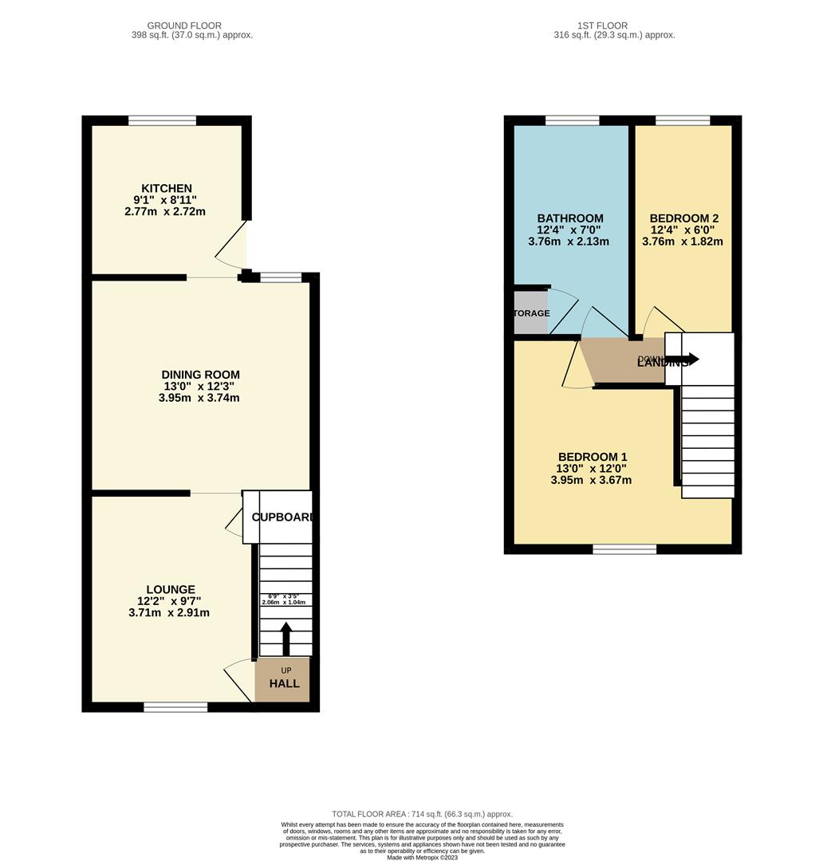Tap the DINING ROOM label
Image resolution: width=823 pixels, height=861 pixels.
click(x=200, y=375)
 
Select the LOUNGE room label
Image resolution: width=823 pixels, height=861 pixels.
click(x=169, y=590)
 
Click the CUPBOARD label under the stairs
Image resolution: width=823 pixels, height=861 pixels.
click(x=282, y=517)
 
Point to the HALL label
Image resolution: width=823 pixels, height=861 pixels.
click(x=284, y=683)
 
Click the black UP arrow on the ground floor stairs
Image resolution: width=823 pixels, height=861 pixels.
click(x=285, y=638)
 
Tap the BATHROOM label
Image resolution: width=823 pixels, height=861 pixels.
click(x=569, y=218)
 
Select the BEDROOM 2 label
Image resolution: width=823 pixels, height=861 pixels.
click(x=683, y=218)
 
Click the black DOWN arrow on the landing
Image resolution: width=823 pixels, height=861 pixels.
click(x=683, y=360)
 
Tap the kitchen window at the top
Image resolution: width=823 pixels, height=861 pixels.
click(x=162, y=120)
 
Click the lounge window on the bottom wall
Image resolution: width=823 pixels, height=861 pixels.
click(x=175, y=707)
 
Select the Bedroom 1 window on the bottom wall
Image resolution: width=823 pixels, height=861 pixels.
click(x=624, y=549)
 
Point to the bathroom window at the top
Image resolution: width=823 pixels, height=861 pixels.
click(x=572, y=120)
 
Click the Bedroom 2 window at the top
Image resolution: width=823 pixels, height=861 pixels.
click(x=683, y=120)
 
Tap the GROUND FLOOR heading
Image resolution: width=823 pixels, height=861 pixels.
click(x=184, y=26)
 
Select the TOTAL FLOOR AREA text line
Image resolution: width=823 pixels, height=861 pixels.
click(x=422, y=814)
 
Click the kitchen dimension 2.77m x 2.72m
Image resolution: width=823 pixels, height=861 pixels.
click(x=165, y=212)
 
